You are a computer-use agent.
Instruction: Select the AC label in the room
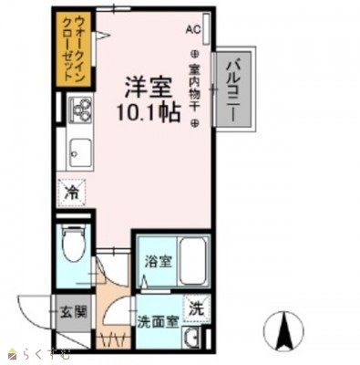pyautogui.click(x=192, y=29)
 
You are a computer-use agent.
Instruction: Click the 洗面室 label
pyautogui.click(x=157, y=322)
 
